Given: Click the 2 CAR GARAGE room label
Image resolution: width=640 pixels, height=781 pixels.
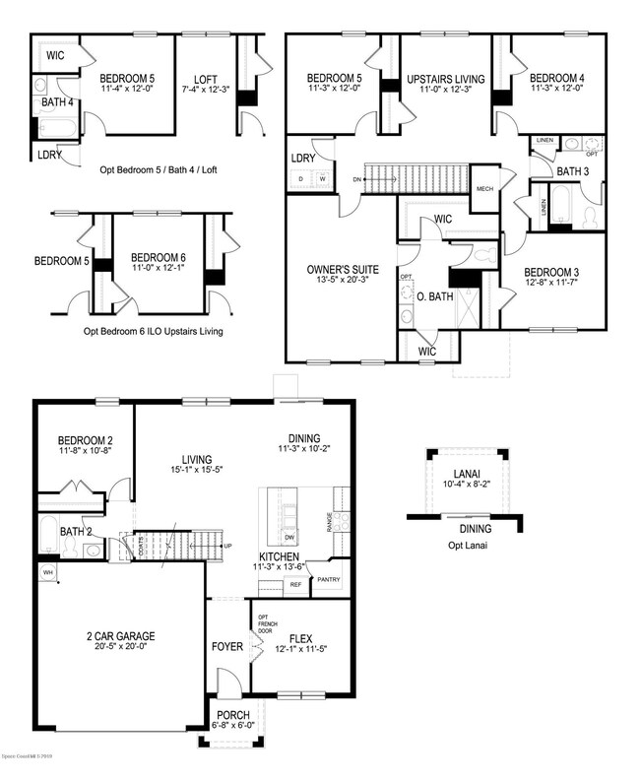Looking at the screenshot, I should (119, 636).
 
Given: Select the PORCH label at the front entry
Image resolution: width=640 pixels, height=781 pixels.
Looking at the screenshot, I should (232, 714).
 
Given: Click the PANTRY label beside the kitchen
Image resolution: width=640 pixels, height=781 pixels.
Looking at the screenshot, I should (328, 580).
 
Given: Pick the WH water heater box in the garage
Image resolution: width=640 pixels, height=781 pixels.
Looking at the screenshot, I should (47, 571).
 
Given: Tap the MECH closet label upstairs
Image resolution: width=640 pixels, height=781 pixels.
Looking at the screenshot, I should (484, 189).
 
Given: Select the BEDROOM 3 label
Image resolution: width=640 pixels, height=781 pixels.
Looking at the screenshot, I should (552, 272).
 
